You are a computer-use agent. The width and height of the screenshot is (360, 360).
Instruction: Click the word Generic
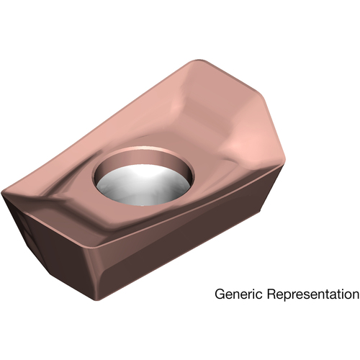click(238, 294)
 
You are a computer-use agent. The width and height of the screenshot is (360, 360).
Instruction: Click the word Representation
click(313, 294)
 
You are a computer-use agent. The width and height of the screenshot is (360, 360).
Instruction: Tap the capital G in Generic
click(220, 294)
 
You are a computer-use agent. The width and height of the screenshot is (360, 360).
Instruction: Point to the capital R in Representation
click(271, 294)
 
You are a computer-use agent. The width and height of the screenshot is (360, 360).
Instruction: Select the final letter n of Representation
click(355, 295)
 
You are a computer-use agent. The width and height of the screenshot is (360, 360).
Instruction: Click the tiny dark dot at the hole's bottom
click(143, 205)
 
